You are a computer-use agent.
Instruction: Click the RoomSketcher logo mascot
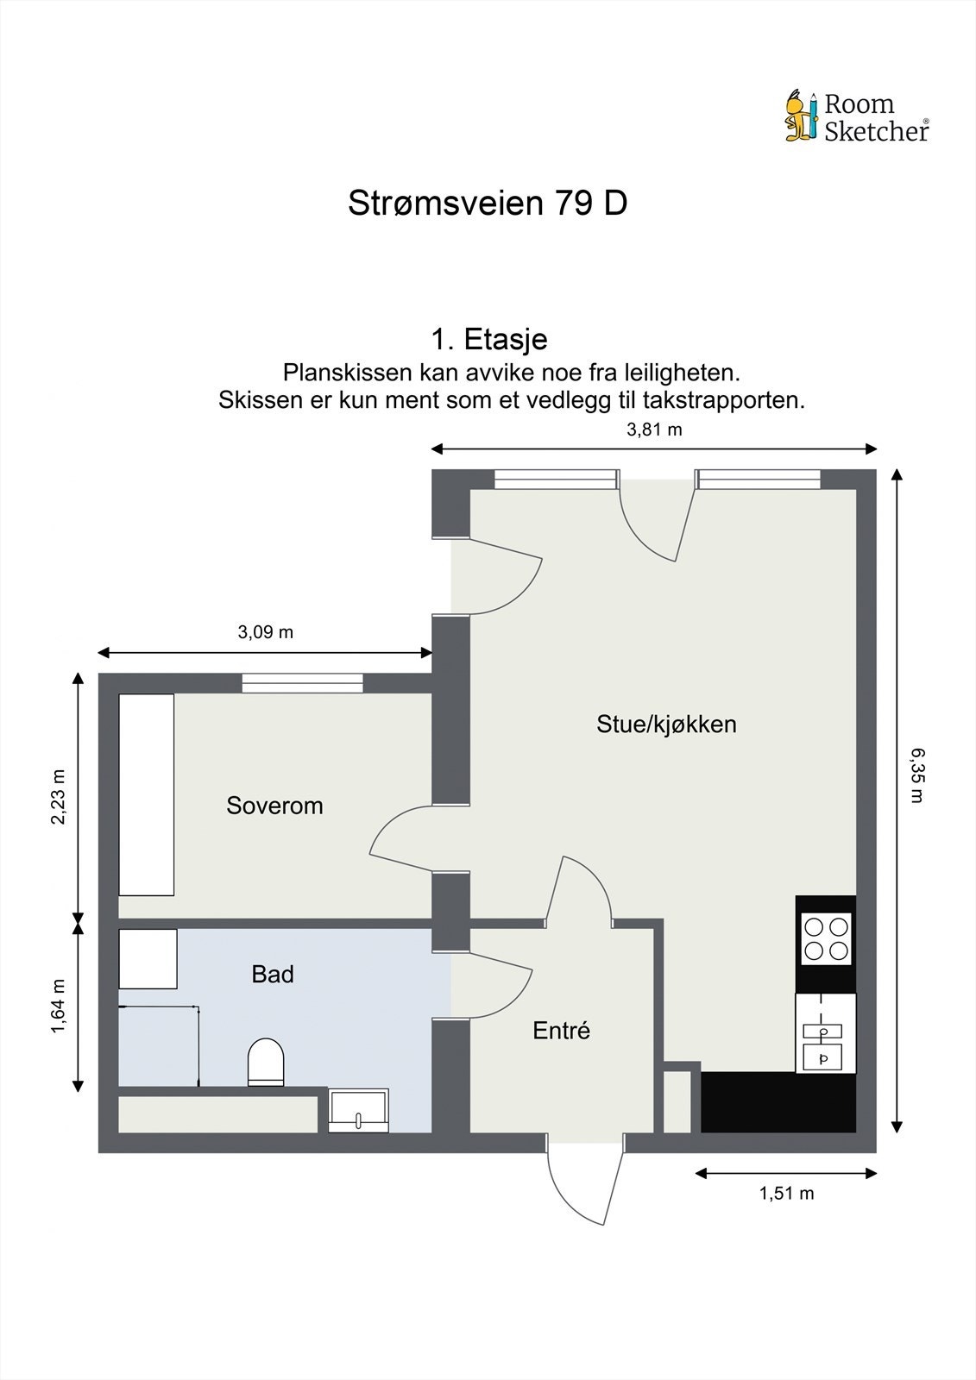[x=801, y=116]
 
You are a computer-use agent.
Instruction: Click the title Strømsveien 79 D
[x=488, y=204]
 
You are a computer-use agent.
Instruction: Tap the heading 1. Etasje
[x=488, y=339]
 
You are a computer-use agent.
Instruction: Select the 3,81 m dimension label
[x=654, y=430]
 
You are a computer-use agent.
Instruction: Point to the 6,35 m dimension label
[x=916, y=775]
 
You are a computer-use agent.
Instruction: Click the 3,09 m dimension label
[x=265, y=632]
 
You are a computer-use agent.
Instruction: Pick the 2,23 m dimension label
[x=59, y=796]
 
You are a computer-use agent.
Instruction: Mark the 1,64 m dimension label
[x=59, y=1005]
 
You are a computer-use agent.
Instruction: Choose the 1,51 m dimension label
[x=786, y=1194]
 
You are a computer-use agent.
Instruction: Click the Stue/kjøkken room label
[x=666, y=724]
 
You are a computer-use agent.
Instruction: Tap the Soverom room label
[x=274, y=806]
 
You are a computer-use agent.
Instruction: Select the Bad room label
[x=273, y=975]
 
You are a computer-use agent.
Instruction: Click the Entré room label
[x=561, y=1031]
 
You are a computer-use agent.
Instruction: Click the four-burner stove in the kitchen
[x=826, y=938]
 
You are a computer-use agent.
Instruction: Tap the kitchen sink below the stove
[x=826, y=1043]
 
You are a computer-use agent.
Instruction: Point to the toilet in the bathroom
[x=266, y=1062]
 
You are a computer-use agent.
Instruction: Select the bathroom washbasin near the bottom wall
[x=358, y=1111]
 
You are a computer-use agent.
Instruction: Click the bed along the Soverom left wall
[x=147, y=794]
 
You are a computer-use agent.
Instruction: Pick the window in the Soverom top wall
[x=302, y=683]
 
